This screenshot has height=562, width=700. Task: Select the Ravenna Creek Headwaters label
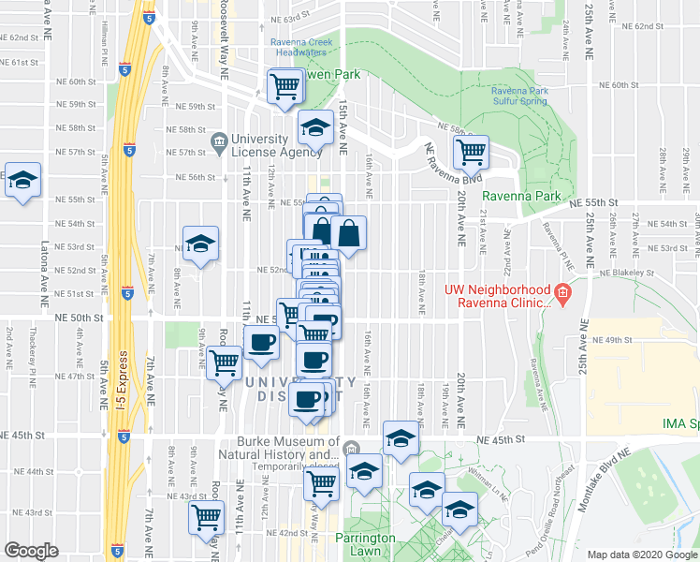tap(299, 48)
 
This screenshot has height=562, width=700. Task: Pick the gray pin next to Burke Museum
tap(351, 448)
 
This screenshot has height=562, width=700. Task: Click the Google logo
tap(31, 551)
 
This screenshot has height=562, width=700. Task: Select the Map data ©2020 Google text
tap(641, 555)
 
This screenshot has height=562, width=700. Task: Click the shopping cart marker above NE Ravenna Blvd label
tap(471, 151)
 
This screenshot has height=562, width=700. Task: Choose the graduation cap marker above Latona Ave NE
tap(22, 180)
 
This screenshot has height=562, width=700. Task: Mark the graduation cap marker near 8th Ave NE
tap(199, 244)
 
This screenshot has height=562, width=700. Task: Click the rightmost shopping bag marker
tap(348, 233)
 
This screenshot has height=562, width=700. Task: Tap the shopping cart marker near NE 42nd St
tap(206, 516)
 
